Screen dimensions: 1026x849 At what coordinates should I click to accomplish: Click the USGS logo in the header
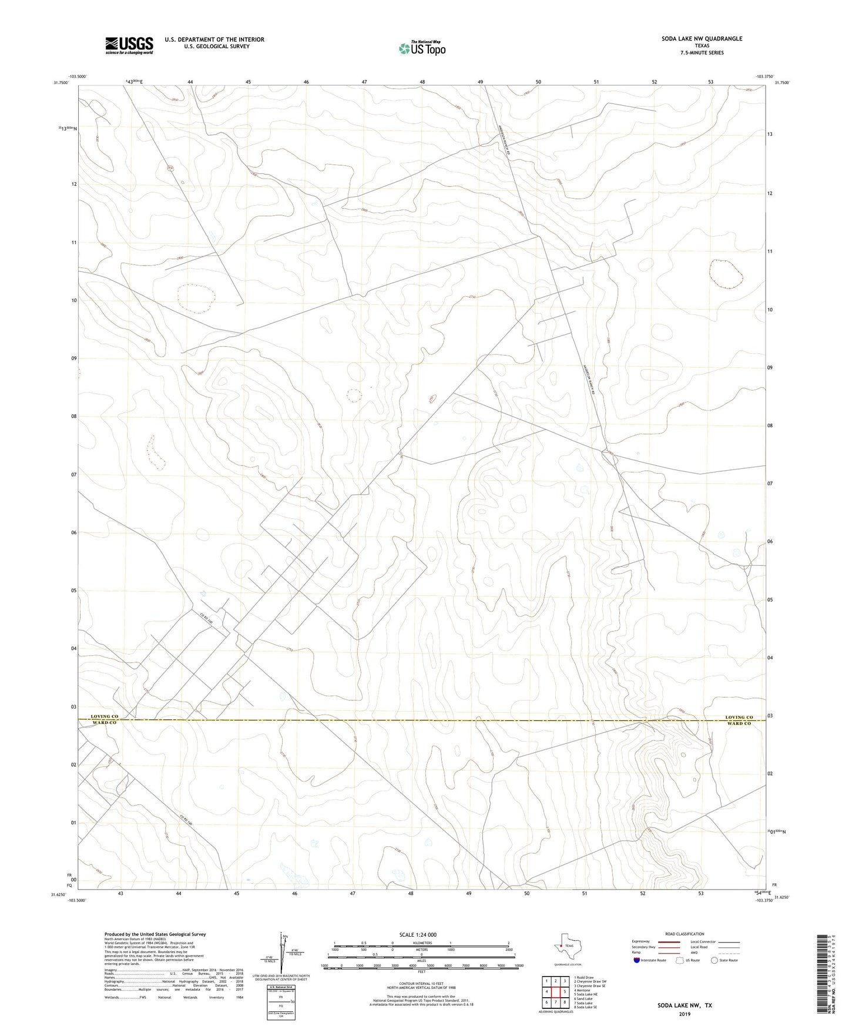tap(129, 45)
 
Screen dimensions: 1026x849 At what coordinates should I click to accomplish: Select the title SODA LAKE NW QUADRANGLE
tap(702, 39)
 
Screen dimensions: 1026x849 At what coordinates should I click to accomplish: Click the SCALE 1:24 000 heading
tap(418, 934)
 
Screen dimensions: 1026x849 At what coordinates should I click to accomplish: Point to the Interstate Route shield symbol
tap(637, 960)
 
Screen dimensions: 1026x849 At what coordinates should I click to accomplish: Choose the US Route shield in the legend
tap(680, 960)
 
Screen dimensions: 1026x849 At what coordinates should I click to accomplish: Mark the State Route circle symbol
tap(714, 960)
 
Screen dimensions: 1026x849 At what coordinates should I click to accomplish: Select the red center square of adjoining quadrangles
tap(555, 992)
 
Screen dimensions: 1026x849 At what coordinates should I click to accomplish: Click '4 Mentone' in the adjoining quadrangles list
tap(582, 990)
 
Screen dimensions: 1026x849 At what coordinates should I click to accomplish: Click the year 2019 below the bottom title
tap(684, 1014)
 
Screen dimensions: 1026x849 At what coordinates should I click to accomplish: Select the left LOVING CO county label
tap(105, 717)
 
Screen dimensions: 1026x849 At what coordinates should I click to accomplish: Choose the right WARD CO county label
tap(739, 723)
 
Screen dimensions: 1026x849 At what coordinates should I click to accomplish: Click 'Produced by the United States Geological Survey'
tap(155, 934)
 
